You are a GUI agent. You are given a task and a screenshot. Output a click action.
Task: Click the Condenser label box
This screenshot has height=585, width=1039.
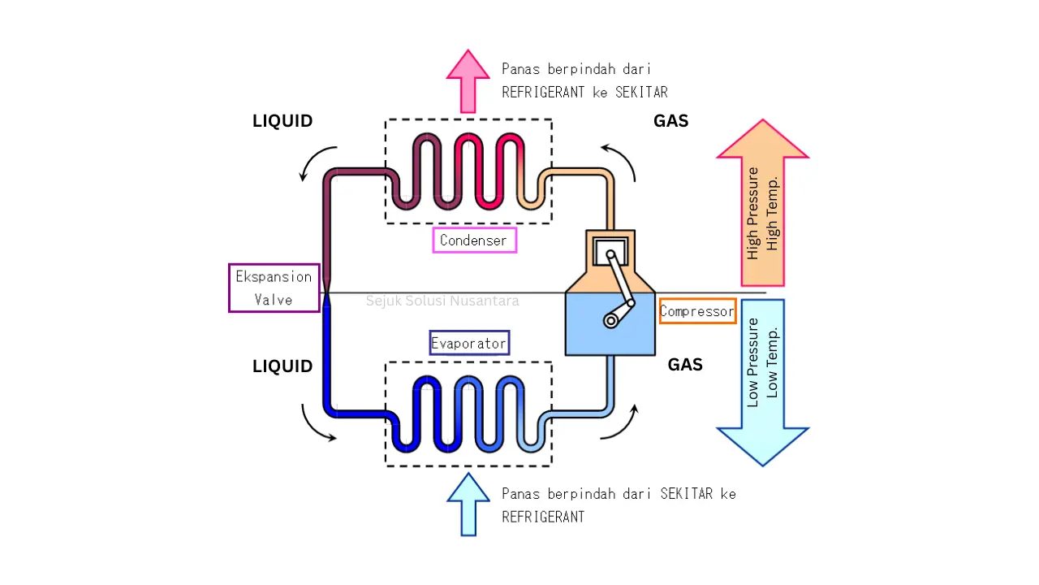(x=475, y=240)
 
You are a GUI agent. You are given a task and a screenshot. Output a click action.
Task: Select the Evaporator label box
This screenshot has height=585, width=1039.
(x=469, y=344)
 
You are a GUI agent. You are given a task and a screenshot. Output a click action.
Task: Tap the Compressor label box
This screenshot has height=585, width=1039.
(x=697, y=311)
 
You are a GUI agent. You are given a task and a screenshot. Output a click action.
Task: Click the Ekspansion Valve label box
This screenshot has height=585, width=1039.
(x=274, y=288)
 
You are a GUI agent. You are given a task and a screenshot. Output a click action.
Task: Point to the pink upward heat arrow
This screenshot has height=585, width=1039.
(x=468, y=81)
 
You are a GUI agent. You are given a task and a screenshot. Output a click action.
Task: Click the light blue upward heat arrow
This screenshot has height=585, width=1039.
(x=468, y=504)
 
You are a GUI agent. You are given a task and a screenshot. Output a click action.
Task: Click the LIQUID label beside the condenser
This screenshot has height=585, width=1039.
(x=282, y=122)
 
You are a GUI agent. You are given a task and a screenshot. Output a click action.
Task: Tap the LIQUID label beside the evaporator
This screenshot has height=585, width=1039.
(x=282, y=366)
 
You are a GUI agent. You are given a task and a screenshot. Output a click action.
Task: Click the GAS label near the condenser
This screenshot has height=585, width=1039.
(x=670, y=122)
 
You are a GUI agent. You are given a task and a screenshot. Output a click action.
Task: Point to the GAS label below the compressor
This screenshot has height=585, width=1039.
(x=685, y=366)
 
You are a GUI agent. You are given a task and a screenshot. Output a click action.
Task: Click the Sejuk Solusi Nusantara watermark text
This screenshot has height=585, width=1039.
(x=442, y=301)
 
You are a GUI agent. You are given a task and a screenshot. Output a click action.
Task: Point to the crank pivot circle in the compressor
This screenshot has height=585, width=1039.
(x=610, y=321)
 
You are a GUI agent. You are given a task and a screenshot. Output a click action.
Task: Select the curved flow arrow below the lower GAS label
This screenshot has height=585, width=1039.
(x=621, y=422)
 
